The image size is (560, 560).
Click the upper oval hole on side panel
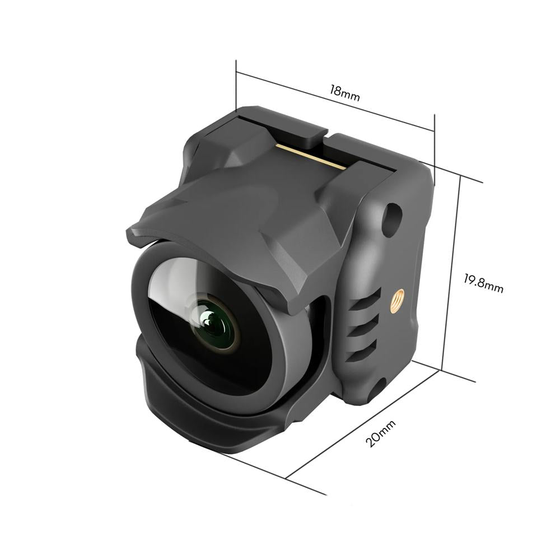point(394,213)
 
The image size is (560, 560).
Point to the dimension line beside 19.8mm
point(451,274)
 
